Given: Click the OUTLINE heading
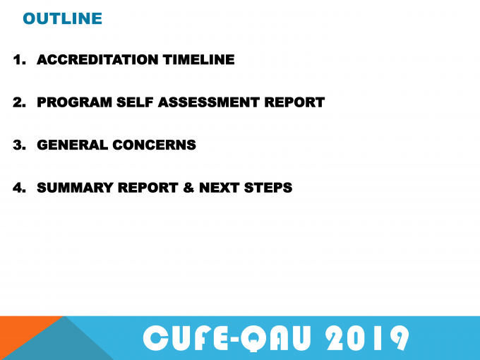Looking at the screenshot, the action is pos(62,18).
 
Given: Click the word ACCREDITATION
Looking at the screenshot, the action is pos(97,59).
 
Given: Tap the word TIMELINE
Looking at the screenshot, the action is pos(198,59).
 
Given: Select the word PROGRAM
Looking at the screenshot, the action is pos(74,102).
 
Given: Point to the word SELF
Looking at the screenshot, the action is pos(135,102).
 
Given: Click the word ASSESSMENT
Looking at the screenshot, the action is pos(209,102).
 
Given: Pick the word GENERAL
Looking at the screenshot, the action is pos(73,145).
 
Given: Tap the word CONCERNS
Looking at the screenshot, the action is pos(155,145).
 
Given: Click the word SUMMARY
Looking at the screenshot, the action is pos(75,188).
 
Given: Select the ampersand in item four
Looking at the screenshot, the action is pos(189,188).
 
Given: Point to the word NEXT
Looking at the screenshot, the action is pos(220,188).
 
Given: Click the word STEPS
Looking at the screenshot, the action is pos(268,188).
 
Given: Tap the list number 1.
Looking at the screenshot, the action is pos(19,59).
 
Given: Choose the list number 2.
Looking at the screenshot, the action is pos(19,102).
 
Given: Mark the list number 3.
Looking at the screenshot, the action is pos(19,145).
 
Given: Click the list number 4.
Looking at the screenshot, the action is pos(19,188).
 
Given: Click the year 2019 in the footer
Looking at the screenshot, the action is pos(367,338).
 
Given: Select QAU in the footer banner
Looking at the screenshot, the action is pos(275,339).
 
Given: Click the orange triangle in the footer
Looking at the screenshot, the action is pos(21,330).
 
